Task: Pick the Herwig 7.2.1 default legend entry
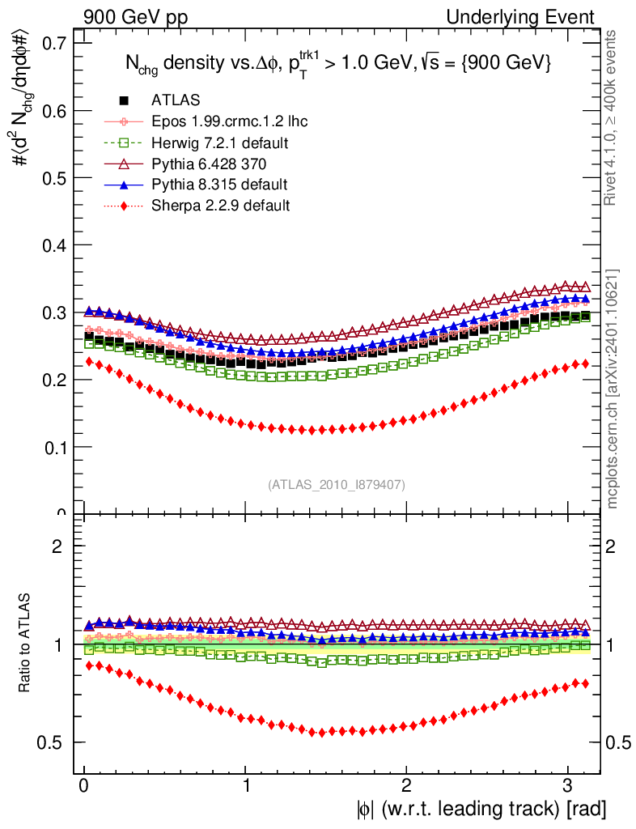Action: [x=220, y=142]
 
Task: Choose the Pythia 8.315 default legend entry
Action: [x=219, y=185]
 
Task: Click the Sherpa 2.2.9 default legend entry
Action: [x=220, y=206]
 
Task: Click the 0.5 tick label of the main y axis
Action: [x=53, y=177]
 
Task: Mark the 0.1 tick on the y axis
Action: [x=53, y=446]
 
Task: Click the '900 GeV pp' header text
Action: [x=130, y=17]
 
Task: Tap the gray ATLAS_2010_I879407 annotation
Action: [x=337, y=484]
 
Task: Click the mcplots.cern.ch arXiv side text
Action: [x=614, y=389]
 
